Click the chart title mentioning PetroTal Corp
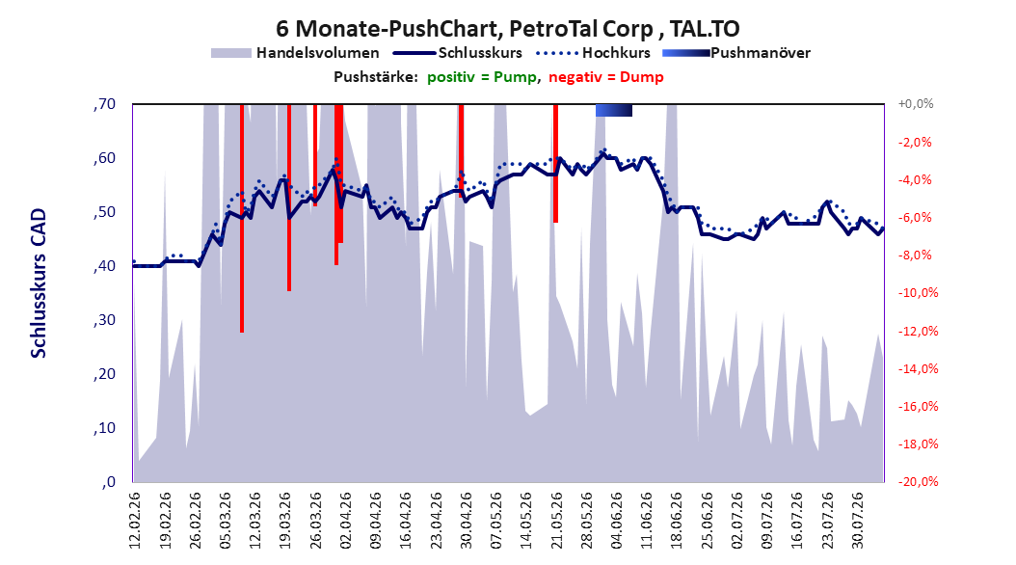pos(507,29)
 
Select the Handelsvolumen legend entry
pos(296,53)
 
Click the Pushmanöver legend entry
pos(736,53)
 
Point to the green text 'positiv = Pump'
pos(481,77)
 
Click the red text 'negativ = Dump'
pos(606,77)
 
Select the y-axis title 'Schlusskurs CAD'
pos(39,283)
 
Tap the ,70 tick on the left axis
pos(104,104)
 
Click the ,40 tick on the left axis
pos(104,266)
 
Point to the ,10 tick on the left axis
pos(104,428)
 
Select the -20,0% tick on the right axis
pos(918,481)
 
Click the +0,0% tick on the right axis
pos(916,104)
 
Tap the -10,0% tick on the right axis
pos(918,293)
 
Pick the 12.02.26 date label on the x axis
pos(134,521)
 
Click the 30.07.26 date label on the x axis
pos(857,521)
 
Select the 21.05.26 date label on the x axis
pos(556,521)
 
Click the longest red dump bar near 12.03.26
pos(242,218)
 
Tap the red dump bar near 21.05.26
pos(555,163)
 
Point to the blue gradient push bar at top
pos(614,110)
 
